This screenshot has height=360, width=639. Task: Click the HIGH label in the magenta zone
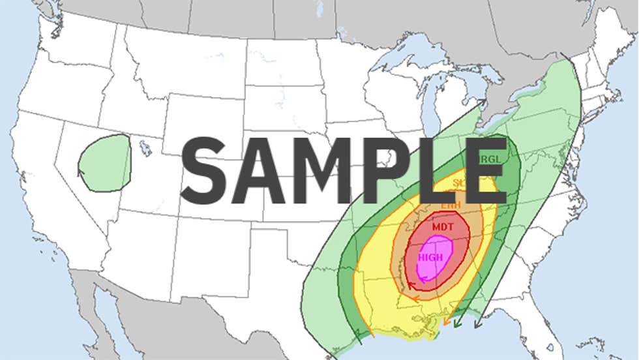coord(430,257)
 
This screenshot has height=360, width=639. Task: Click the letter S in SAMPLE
coord(205,171)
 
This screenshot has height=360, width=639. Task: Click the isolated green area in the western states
coord(104,164)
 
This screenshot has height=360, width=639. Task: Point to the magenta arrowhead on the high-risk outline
coord(423,279)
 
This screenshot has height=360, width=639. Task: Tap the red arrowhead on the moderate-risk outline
coord(409,284)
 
